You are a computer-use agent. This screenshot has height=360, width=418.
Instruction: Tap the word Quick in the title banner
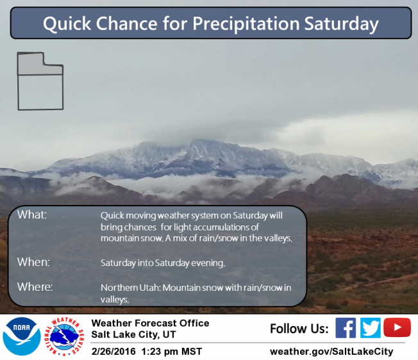coord(67,24)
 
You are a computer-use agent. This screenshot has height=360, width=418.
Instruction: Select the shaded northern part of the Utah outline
coord(40,63)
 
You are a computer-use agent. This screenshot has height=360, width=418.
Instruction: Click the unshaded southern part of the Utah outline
coord(40,92)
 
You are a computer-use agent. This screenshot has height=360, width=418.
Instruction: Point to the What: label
coord(32,215)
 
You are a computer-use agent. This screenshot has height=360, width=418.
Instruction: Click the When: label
coord(33,262)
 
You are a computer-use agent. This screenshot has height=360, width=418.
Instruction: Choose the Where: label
coord(35,287)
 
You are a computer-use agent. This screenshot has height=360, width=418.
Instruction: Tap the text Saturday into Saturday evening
coord(163,263)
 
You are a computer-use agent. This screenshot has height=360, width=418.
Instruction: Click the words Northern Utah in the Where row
coord(130,288)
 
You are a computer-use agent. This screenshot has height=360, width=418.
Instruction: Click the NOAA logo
coord(22,336)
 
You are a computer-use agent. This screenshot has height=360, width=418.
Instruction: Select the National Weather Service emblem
coord(64,336)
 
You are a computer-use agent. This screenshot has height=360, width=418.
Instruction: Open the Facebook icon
coord(346,328)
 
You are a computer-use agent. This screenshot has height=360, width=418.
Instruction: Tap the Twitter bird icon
coord(371,328)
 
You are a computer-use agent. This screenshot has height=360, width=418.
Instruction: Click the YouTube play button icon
coord(397,327)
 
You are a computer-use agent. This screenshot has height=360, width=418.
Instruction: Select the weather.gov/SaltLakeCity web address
coord(331,352)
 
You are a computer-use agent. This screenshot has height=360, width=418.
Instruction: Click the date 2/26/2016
coord(113,352)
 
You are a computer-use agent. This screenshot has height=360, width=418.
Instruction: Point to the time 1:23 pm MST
coord(172,352)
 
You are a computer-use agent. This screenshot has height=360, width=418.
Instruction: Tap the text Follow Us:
coord(299,329)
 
